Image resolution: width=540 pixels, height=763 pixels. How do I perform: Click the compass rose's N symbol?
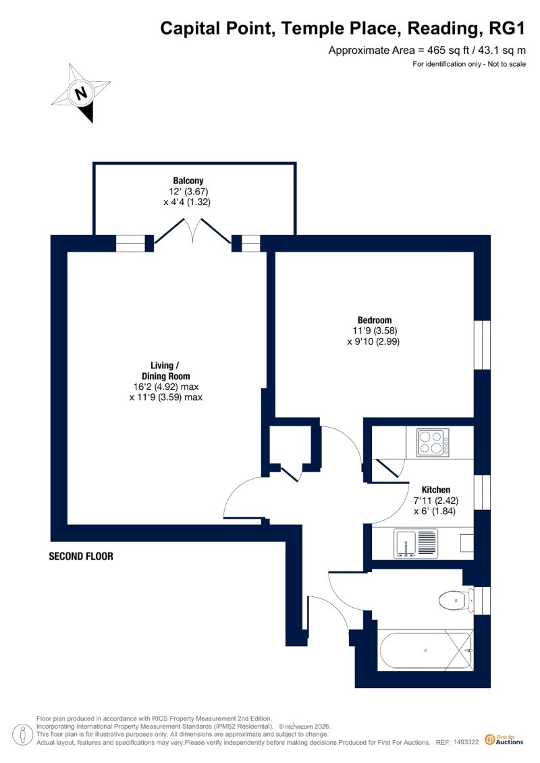coord(81,92)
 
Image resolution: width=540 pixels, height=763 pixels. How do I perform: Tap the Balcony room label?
coord(188,181)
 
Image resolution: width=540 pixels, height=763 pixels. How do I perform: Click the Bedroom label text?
coord(375,320)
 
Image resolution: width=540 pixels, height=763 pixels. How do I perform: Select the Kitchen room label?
coord(436,490)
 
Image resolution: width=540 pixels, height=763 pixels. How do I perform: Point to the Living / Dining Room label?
coord(165,371)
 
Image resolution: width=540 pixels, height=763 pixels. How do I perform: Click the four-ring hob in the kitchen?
coord(433,443)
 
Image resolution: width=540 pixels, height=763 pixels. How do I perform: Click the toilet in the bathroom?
coord(456,600)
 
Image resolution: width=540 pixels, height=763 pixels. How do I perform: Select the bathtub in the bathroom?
coord(425,650)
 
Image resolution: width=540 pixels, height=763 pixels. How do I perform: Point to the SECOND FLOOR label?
coord(81,556)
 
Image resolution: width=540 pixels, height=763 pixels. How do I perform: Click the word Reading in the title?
coord(442,29)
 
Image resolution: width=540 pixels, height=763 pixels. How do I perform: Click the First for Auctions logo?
coord(504,739)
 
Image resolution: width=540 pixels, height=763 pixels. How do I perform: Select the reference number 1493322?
coord(466,742)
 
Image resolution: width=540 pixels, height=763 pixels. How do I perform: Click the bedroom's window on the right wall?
coord(482,345)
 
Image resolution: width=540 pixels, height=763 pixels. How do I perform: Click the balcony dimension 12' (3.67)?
coord(188,191)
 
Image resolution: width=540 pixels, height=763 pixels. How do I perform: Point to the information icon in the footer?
coord(20,735)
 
